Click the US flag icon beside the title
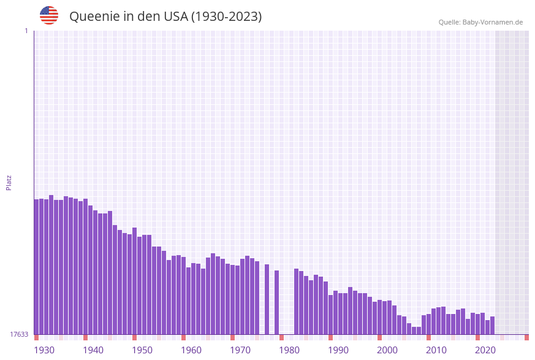[x=49, y=15]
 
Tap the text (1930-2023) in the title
[x=226, y=17]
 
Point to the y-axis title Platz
[x=9, y=182]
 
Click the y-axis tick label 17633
[x=19, y=334]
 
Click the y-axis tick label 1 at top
[x=26, y=31]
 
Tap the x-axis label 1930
[x=44, y=350]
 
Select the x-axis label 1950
[x=142, y=350]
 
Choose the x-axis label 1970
[x=240, y=350]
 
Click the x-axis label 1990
[x=338, y=350]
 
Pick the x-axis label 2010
[x=436, y=350]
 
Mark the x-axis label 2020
[x=485, y=350]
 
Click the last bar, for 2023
[x=493, y=326]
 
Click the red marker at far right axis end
[x=526, y=337]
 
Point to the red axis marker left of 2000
[x=379, y=337]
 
